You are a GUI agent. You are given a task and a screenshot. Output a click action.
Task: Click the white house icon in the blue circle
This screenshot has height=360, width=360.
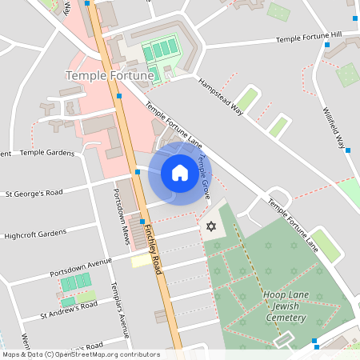179,173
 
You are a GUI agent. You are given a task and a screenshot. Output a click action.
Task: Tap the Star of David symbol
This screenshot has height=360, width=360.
211,227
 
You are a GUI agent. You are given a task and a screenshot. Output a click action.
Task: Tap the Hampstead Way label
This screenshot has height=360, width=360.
221,98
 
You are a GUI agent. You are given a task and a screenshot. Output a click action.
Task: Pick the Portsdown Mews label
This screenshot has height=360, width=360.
121,217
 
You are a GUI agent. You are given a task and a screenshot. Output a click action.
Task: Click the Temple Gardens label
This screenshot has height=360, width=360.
46,152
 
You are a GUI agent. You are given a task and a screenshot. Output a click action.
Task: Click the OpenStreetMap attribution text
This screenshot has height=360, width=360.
80,354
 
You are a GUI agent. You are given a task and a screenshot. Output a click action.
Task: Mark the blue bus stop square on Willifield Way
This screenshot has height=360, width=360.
348,150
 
